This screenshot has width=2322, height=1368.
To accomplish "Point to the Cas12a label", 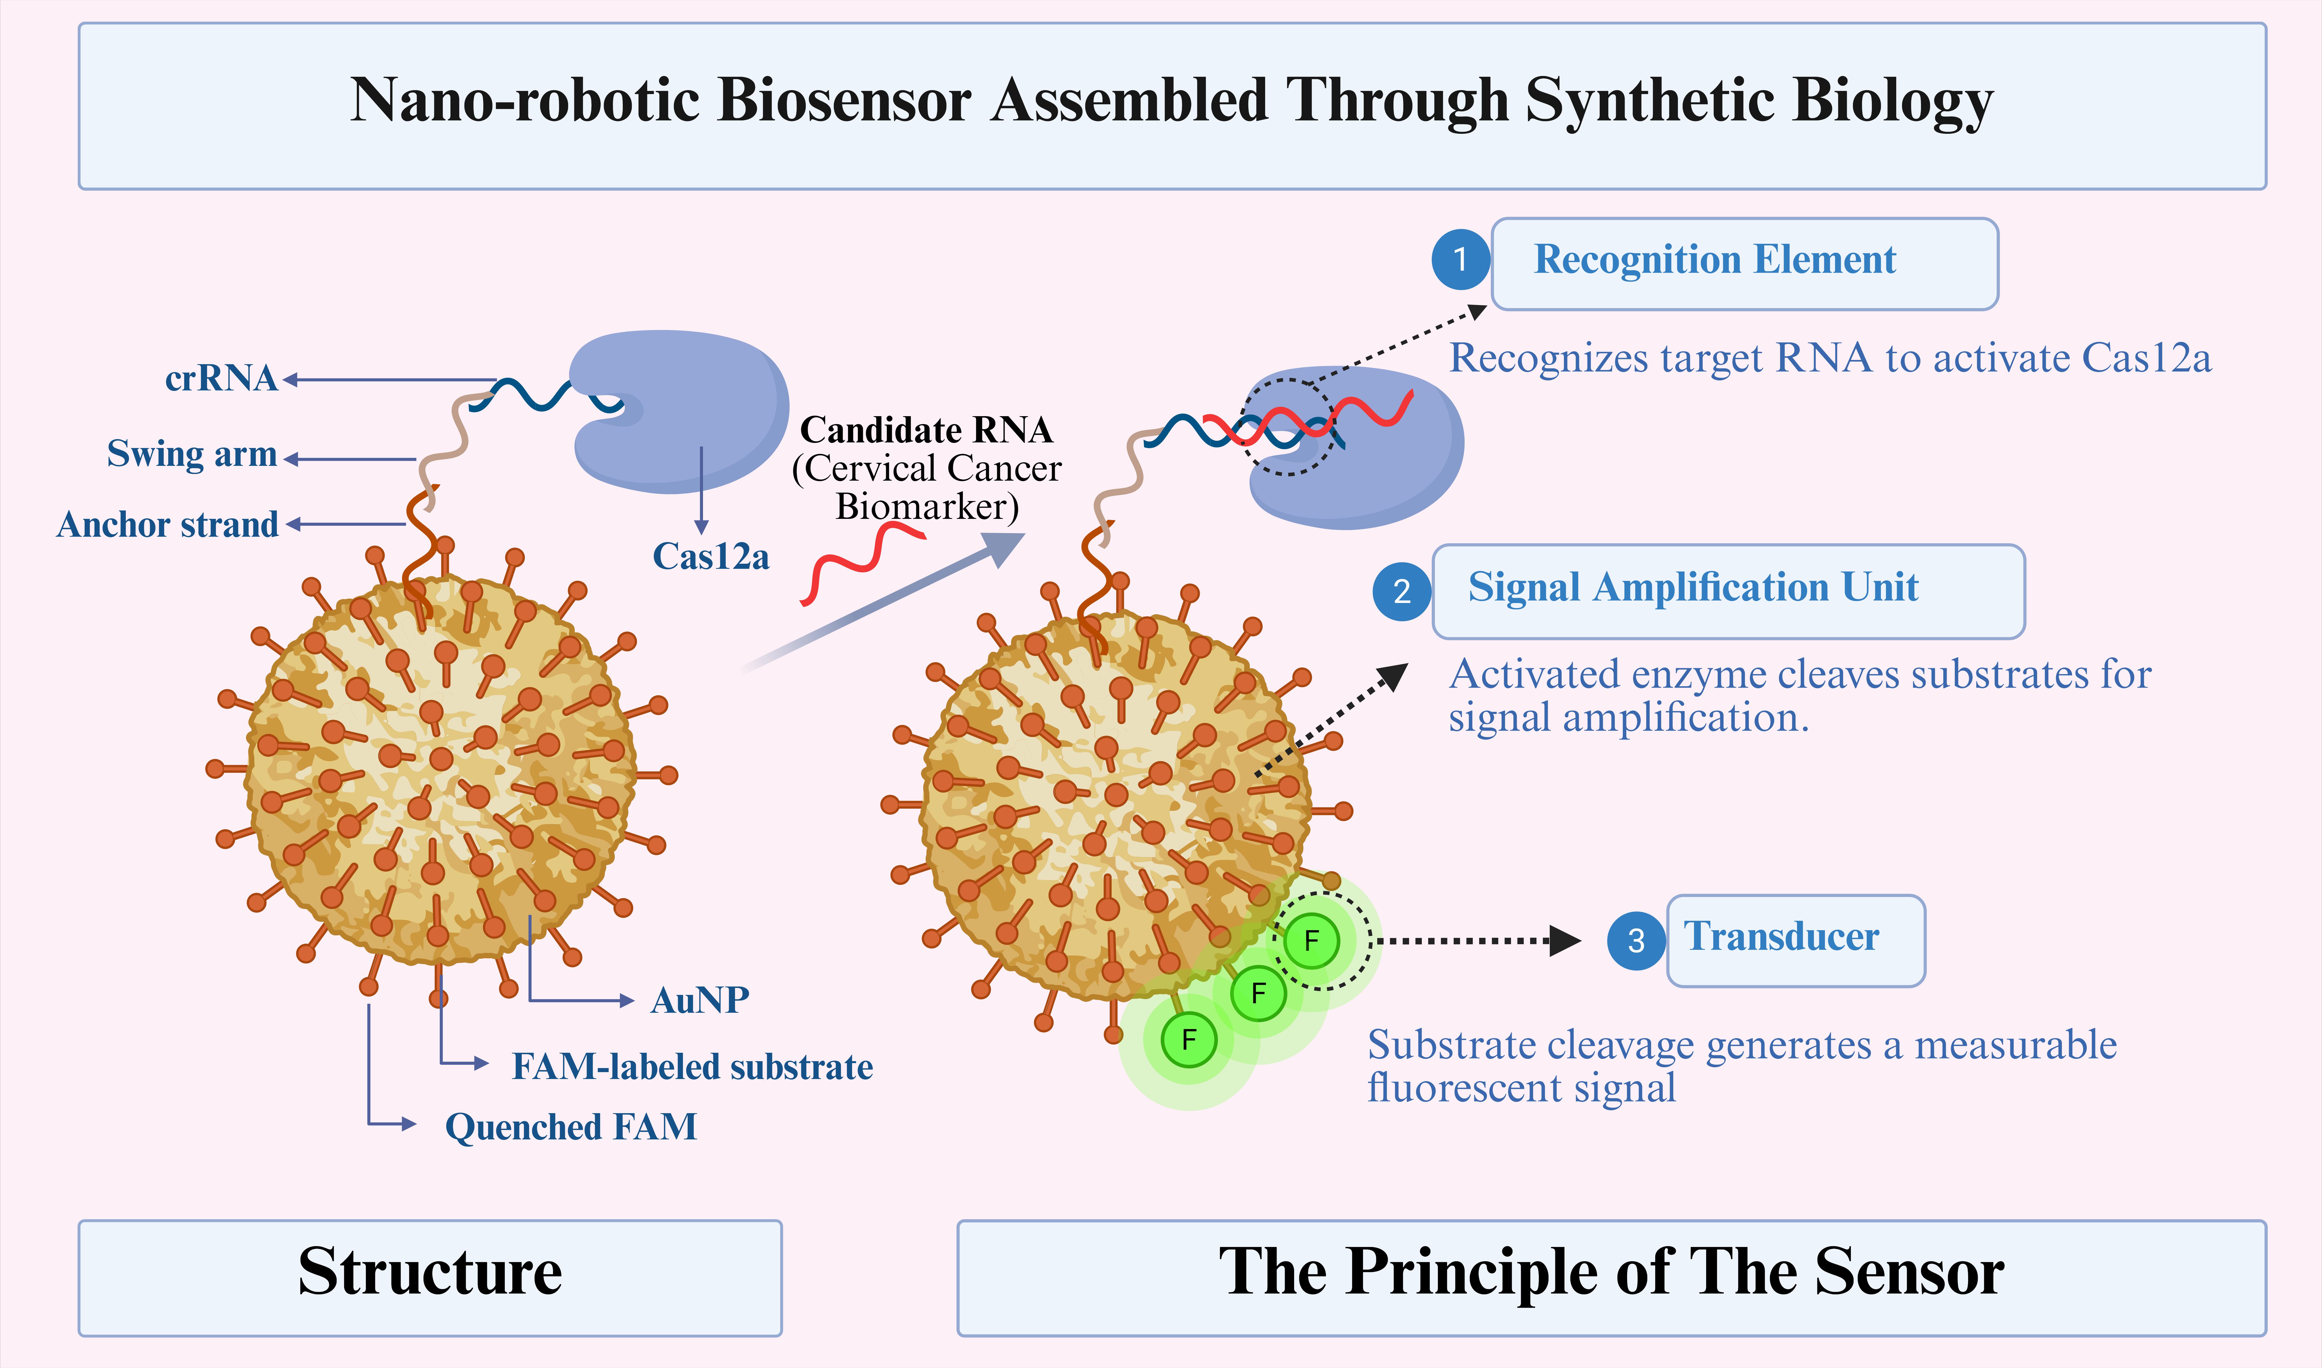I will click(710, 557).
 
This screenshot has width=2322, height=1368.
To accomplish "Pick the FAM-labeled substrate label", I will click(692, 1067).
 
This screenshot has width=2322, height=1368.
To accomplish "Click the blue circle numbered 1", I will click(1461, 260).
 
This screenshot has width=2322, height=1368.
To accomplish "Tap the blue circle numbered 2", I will click(1401, 591).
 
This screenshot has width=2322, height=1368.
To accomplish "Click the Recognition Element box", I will click(1744, 264).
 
